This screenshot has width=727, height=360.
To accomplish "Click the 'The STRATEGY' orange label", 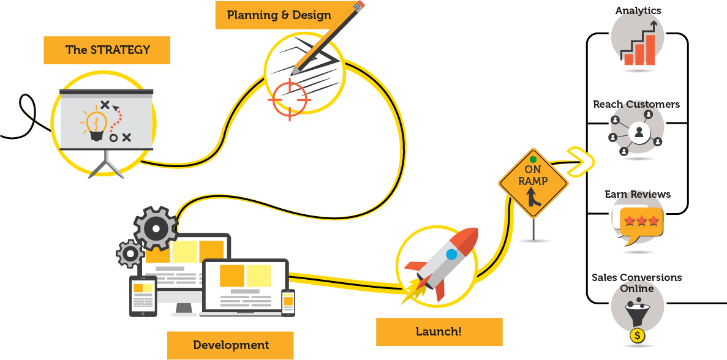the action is [107, 50].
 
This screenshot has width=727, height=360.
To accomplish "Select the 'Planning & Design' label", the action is [279, 15].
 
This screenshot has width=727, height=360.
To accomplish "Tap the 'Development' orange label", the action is [230, 345].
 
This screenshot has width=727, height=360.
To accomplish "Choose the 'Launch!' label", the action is [439, 332].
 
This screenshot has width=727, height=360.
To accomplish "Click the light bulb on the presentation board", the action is [96, 124].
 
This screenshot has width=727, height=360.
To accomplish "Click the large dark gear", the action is [156, 228].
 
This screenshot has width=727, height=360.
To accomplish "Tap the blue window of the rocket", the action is [451, 254].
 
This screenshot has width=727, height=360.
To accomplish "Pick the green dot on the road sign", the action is [533, 159].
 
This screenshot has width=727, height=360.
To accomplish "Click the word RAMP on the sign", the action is [533, 181].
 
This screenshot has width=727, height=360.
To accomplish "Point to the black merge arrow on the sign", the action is [533, 197].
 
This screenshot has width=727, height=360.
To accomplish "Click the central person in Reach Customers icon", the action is [639, 133].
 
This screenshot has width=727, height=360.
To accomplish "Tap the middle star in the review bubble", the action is [642, 220].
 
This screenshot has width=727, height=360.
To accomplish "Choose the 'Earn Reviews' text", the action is [638, 194].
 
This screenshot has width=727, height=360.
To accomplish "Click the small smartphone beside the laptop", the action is [288, 303].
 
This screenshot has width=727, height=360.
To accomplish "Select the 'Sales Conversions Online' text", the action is [637, 283].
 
